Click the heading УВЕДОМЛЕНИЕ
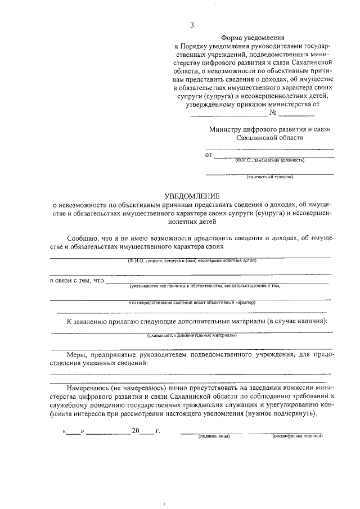pyautogui.click(x=191, y=196)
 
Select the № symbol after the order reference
pyautogui.click(x=273, y=112)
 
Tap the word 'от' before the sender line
pyautogui.click(x=209, y=155)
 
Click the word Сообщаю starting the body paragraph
pyautogui.click(x=83, y=238)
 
